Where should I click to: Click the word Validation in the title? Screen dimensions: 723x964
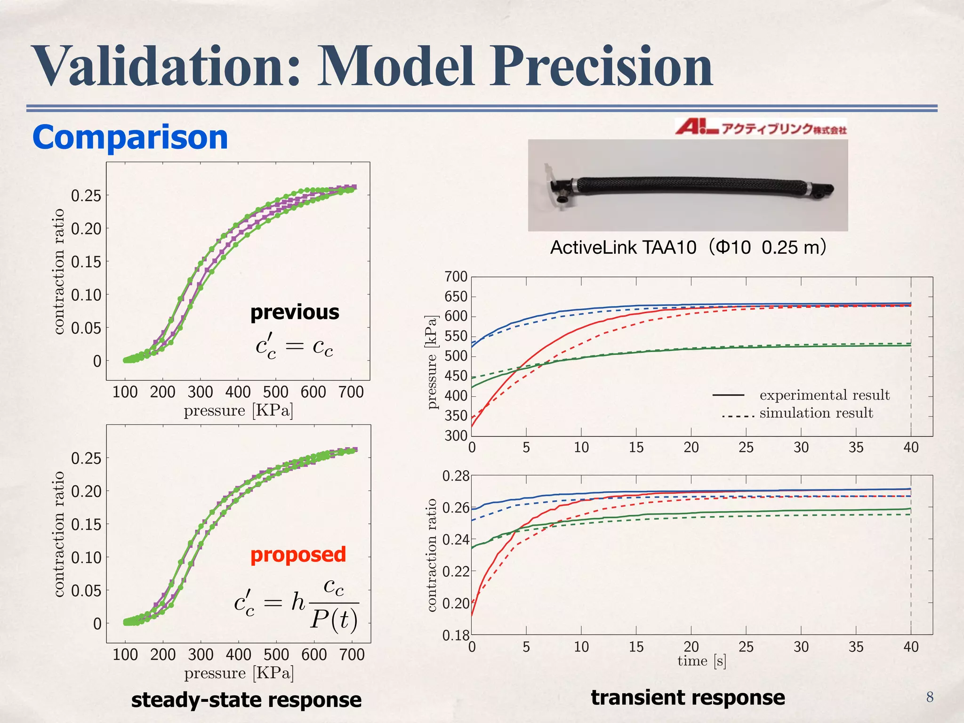(165, 67)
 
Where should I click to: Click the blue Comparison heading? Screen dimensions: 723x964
(130, 137)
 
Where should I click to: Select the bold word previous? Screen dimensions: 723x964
(295, 313)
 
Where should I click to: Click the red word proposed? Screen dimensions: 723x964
(298, 555)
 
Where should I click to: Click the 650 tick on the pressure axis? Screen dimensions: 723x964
(456, 297)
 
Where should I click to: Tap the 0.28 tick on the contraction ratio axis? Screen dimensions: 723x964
(456, 476)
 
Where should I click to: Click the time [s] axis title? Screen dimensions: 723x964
(701, 661)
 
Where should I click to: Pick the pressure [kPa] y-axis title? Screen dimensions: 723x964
(432, 361)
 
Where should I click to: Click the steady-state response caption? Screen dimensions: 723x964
(246, 700)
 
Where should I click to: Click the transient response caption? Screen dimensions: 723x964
(688, 698)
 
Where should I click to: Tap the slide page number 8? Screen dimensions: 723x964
(930, 697)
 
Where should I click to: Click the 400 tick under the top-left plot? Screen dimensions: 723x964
(238, 392)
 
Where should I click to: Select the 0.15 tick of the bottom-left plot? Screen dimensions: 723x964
(86, 524)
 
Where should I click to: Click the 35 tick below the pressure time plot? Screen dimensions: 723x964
(856, 448)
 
